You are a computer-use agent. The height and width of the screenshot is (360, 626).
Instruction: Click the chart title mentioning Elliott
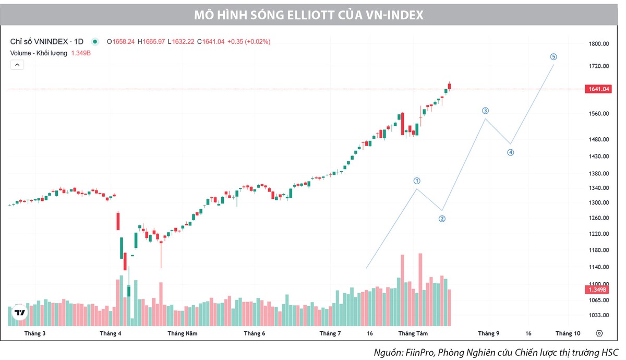click(308, 15)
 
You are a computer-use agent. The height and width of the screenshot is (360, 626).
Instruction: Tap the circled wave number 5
click(553, 57)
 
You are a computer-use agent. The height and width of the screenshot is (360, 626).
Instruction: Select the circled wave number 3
click(485, 111)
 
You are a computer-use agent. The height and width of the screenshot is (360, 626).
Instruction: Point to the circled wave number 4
click(511, 152)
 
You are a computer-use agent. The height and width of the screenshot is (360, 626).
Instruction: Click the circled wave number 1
click(417, 181)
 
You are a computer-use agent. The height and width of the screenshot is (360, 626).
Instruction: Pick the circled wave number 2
click(442, 219)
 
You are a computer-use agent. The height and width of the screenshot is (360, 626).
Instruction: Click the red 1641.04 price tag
click(599, 89)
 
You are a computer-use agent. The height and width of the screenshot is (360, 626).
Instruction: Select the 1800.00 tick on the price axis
click(599, 44)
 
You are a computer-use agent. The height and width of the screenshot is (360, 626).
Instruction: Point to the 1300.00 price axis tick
click(599, 202)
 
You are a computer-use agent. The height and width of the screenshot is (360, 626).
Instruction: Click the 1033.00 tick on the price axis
click(599, 315)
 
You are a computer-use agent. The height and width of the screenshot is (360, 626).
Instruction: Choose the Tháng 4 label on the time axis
click(111, 333)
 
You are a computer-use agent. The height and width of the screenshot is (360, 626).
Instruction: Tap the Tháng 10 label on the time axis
click(568, 333)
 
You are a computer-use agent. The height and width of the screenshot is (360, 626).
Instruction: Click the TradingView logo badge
click(20, 313)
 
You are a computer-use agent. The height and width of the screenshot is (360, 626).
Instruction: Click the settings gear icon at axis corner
click(599, 333)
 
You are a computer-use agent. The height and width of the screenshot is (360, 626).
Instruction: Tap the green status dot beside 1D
click(95, 41)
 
